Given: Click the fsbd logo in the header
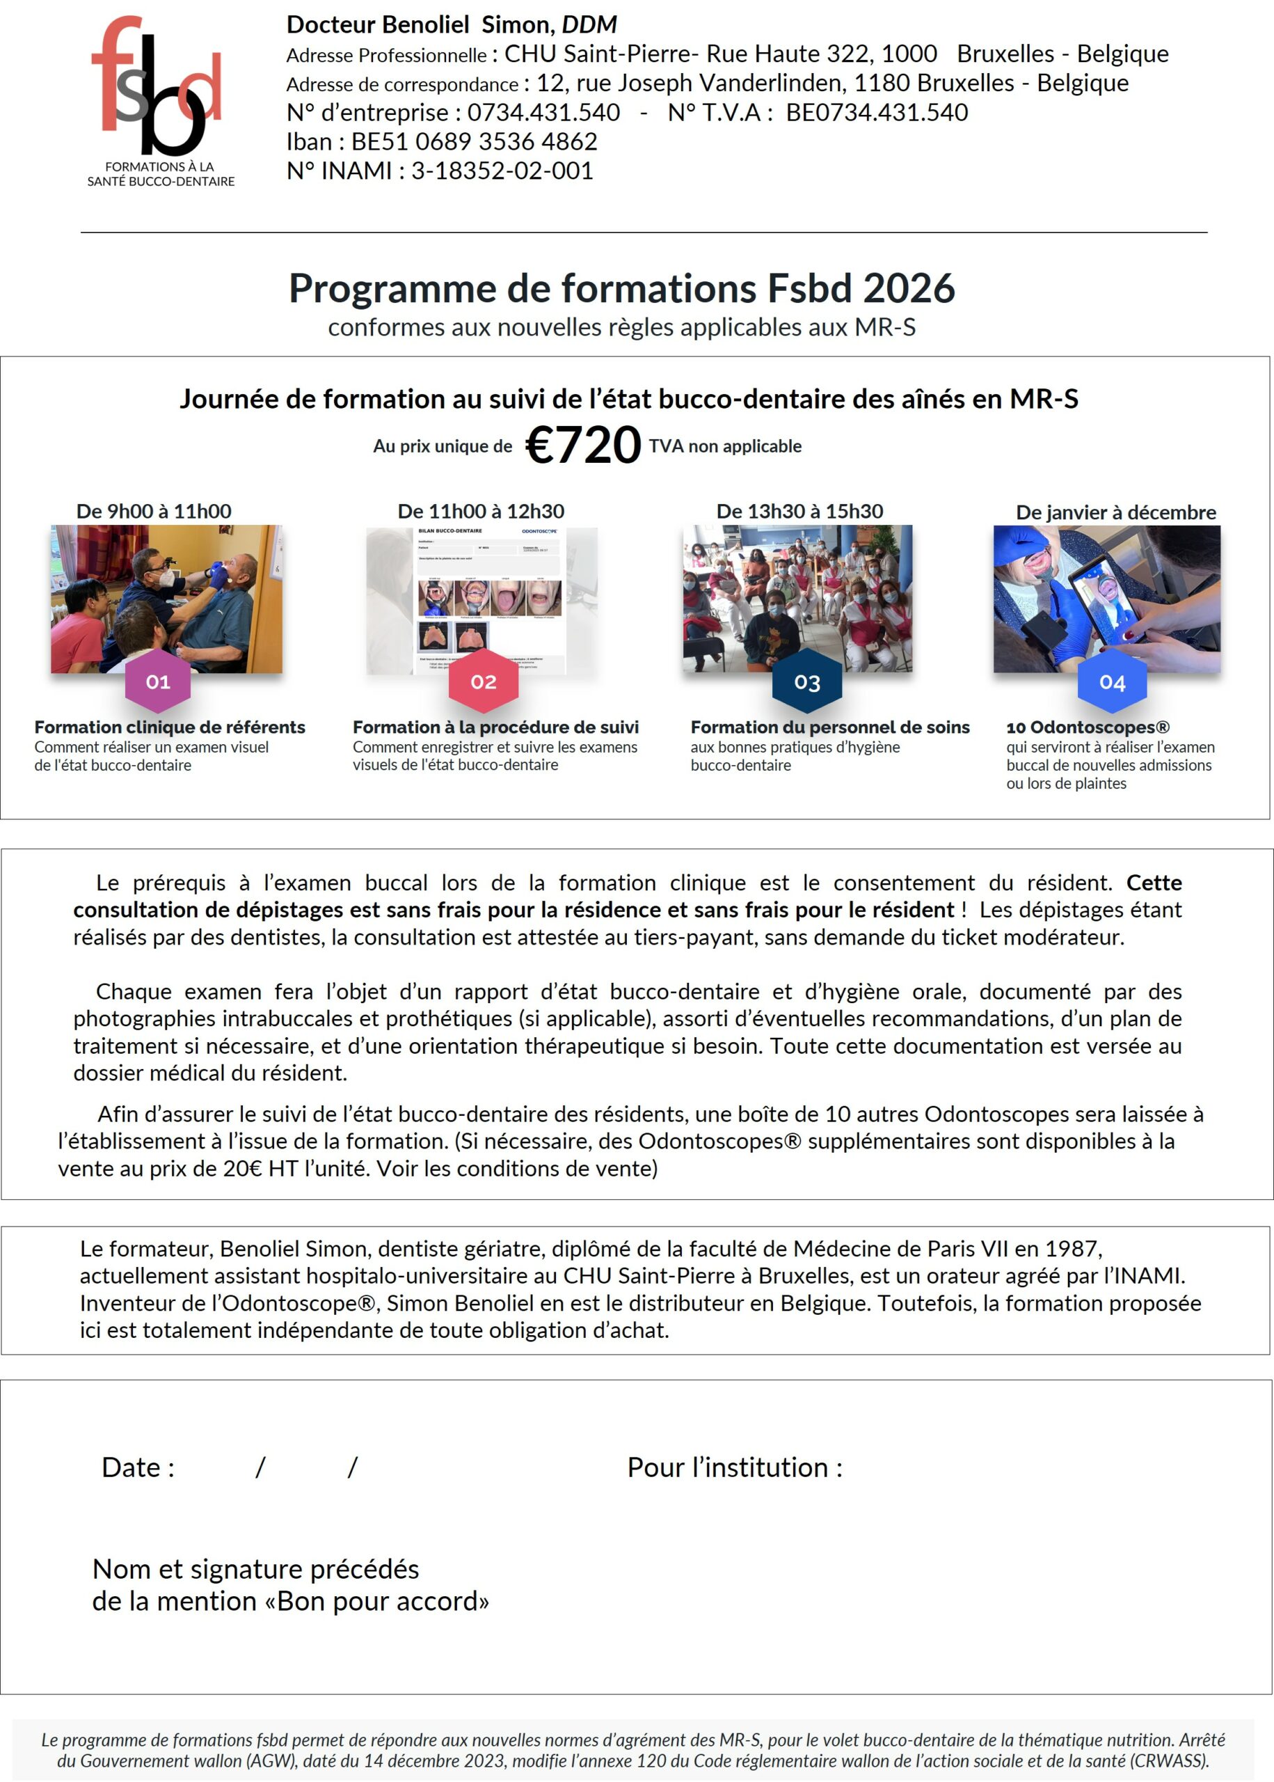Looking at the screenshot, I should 160,98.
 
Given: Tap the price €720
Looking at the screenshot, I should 583,445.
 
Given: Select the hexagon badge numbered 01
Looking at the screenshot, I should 158,681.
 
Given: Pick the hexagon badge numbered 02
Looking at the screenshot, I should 484,681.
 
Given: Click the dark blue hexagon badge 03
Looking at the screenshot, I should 806,682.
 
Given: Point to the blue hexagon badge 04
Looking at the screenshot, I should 1112,682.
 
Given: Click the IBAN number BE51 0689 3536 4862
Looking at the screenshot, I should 474,141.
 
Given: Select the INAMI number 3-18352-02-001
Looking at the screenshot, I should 502,171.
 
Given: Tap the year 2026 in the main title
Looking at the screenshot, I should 909,288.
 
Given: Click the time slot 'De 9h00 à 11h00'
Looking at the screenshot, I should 154,511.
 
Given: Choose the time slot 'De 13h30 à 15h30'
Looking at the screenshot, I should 799,511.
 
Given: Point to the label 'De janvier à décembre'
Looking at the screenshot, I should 1115,512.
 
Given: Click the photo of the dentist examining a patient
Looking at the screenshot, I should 166,598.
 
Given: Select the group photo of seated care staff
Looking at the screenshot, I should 797,598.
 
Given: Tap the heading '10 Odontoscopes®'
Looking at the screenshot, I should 1088,727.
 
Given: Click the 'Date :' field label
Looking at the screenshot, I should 138,1467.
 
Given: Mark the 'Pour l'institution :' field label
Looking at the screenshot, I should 734,1467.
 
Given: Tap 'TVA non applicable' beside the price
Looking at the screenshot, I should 725,445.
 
